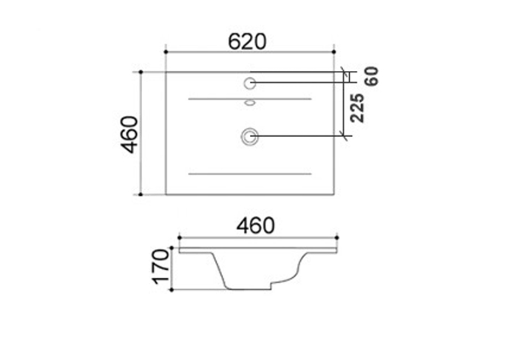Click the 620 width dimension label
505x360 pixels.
pos(247,41)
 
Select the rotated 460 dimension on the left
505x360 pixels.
pos(130,134)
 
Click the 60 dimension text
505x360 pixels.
pos(371,76)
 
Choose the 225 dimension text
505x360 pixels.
pos(356,109)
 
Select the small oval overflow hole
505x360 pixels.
pos(250,103)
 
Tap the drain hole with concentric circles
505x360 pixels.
pos(250,135)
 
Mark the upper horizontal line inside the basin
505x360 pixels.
pos(250,98)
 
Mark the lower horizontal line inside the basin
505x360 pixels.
pos(250,174)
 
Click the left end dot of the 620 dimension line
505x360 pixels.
pos(166,52)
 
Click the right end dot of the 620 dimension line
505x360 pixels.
pos(336,52)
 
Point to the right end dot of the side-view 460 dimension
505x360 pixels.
pos(337,238)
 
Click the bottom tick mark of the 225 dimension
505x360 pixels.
pos(344,135)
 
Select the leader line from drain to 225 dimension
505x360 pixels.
pos(299,135)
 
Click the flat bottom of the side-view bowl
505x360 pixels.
pos(248,289)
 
